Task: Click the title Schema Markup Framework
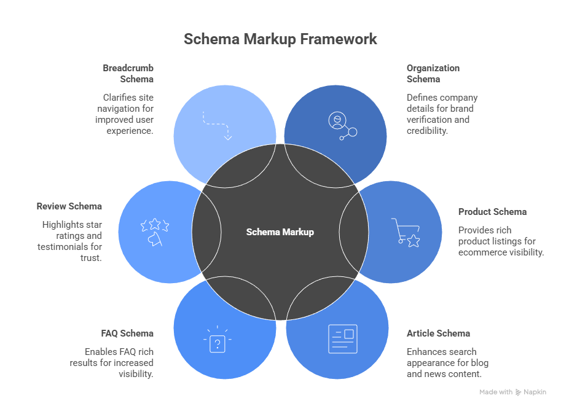[280, 39]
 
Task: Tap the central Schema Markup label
[280, 232]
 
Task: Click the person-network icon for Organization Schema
[342, 125]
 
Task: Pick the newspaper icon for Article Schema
[342, 339]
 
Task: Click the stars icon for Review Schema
[154, 232]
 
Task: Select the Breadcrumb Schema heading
[128, 74]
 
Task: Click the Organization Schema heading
[433, 74]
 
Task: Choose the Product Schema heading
[492, 212]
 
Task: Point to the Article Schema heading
[438, 333]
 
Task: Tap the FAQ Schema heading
[127, 333]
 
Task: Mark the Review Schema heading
[69, 206]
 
